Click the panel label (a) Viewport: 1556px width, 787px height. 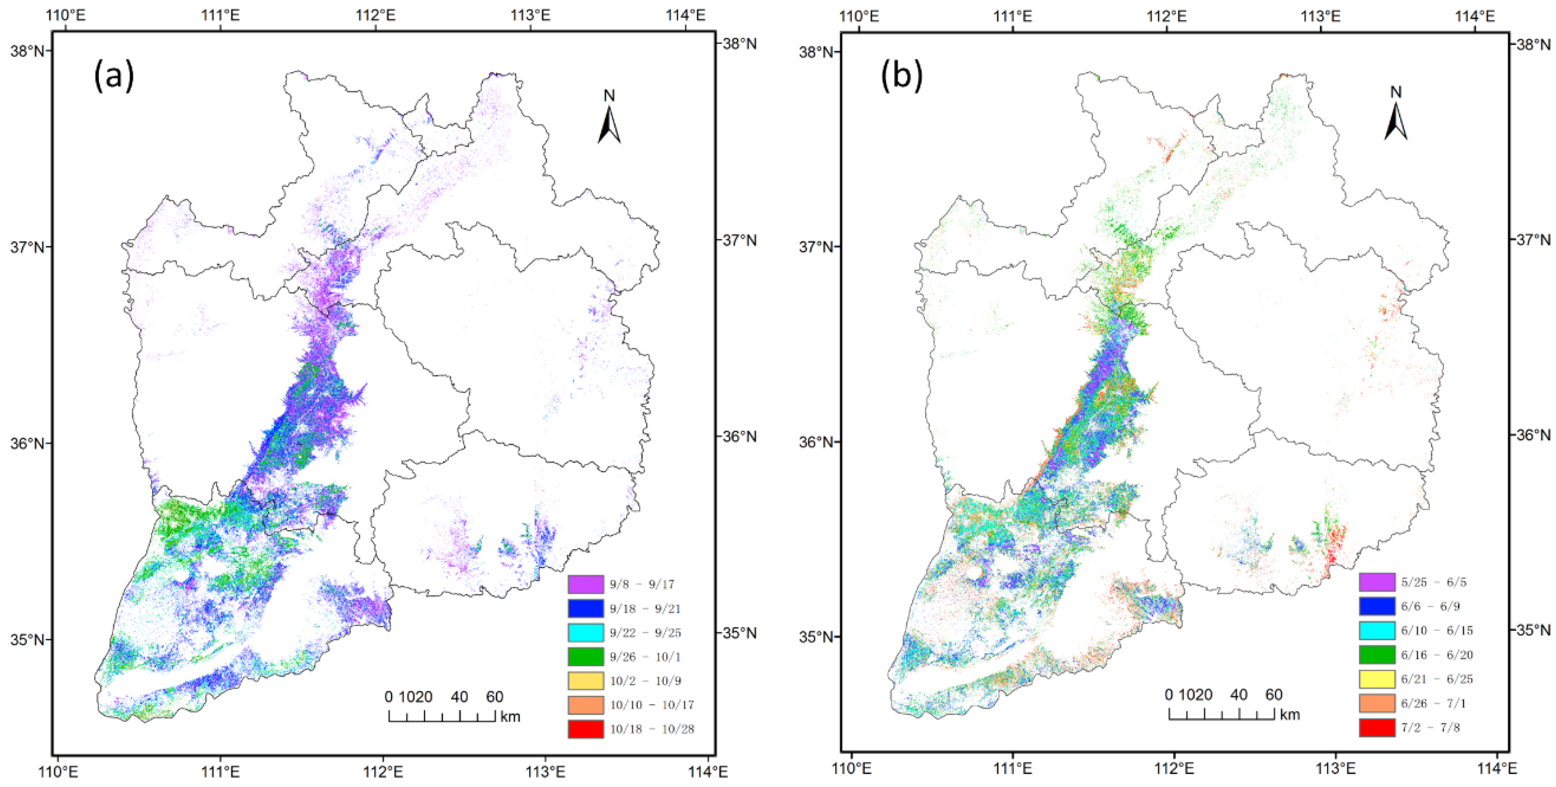click(114, 77)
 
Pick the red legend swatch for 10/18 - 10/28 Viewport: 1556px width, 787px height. click(585, 729)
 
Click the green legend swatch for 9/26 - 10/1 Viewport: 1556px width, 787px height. click(585, 656)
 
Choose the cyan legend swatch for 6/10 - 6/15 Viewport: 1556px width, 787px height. click(1377, 630)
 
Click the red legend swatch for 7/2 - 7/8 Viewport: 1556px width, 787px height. click(1377, 727)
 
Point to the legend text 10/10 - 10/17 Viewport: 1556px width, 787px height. click(652, 705)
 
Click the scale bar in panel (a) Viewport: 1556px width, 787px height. click(442, 716)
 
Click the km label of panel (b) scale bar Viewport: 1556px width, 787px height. click(1290, 715)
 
